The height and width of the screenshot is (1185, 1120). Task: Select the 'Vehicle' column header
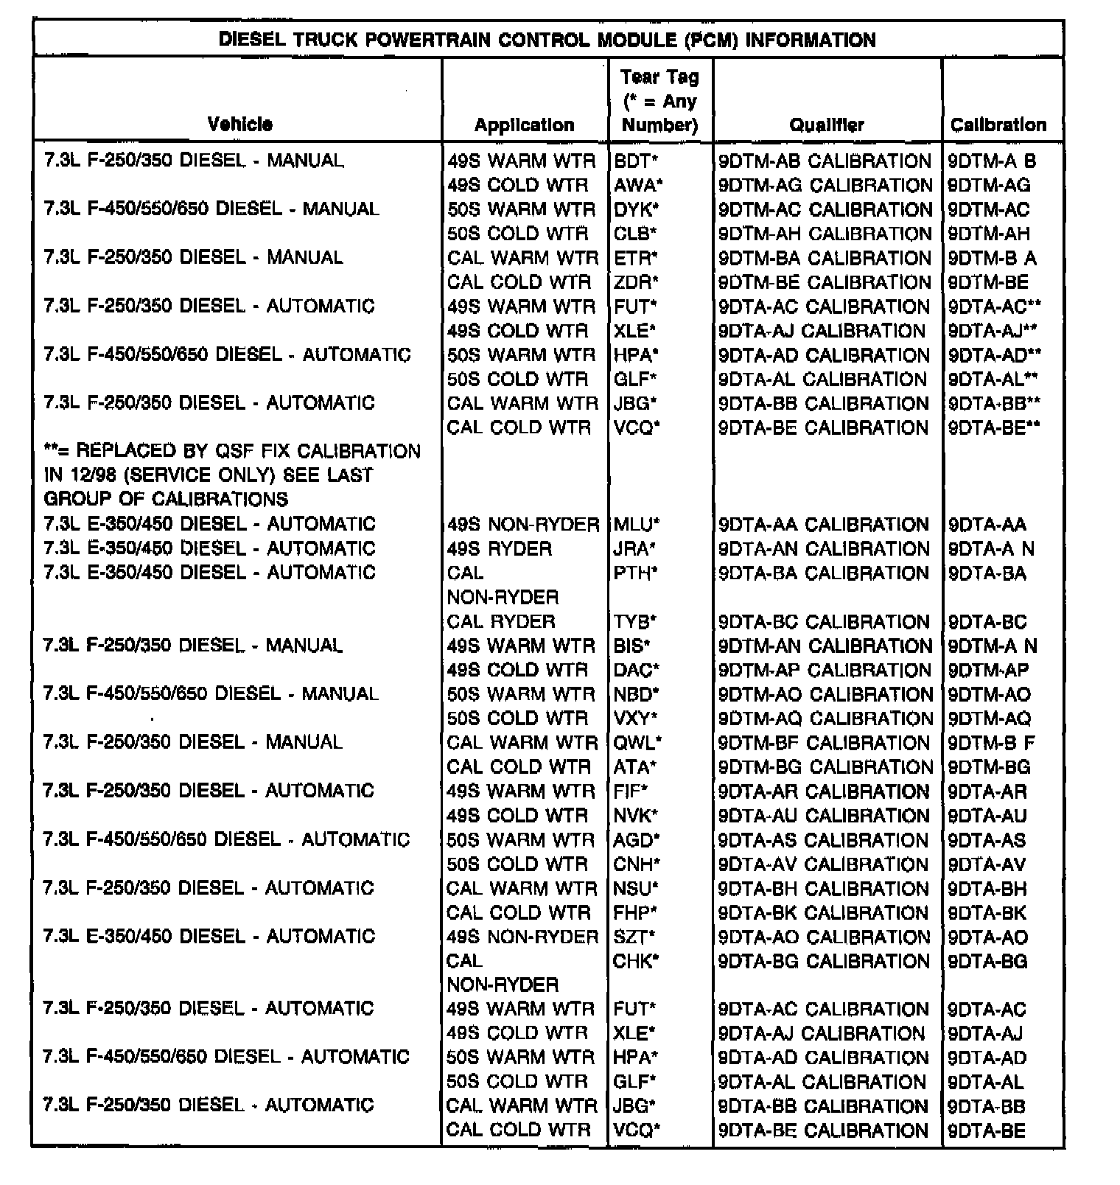pyautogui.click(x=239, y=124)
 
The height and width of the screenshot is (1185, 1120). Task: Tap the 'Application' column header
pyautogui.click(x=524, y=125)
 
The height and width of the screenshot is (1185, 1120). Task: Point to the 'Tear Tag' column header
pyautogui.click(x=659, y=100)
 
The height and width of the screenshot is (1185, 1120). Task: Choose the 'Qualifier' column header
pyautogui.click(x=827, y=125)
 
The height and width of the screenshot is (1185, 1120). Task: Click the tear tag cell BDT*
pyautogui.click(x=635, y=161)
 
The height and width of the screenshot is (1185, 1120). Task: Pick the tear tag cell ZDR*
pyautogui.click(x=636, y=282)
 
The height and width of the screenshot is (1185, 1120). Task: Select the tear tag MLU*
pyautogui.click(x=637, y=525)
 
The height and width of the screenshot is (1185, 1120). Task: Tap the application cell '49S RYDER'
pyautogui.click(x=499, y=549)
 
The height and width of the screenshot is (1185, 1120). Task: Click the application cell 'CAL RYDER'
pyautogui.click(x=500, y=621)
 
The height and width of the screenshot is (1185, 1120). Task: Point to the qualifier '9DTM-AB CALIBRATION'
pyautogui.click(x=825, y=161)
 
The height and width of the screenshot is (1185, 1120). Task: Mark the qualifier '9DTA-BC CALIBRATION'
pyautogui.click(x=824, y=622)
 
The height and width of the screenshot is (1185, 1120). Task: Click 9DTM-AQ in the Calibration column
pyautogui.click(x=989, y=719)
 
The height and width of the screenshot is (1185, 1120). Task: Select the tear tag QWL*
pyautogui.click(x=637, y=743)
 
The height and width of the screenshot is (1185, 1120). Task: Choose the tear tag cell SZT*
pyautogui.click(x=634, y=937)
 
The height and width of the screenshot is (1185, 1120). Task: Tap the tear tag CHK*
pyautogui.click(x=635, y=961)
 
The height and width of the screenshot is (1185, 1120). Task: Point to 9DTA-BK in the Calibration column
pyautogui.click(x=987, y=913)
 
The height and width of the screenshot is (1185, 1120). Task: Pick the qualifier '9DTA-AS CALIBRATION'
pyautogui.click(x=823, y=840)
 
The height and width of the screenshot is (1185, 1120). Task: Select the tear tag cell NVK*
pyautogui.click(x=635, y=816)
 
